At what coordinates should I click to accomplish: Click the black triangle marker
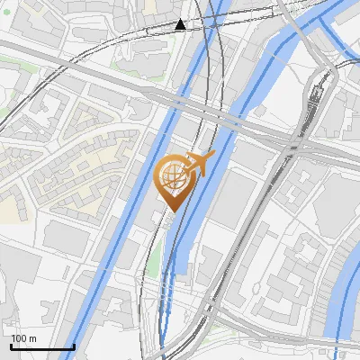pyautogui.click(x=181, y=24)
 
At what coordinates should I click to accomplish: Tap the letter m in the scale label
pyautogui.click(x=33, y=338)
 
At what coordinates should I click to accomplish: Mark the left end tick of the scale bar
pyautogui.click(x=11, y=346)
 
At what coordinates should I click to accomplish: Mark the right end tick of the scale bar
pyautogui.click(x=74, y=346)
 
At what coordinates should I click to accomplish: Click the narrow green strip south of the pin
pyautogui.click(x=155, y=256)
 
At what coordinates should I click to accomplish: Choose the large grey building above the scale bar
pyautogui.click(x=22, y=288)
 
